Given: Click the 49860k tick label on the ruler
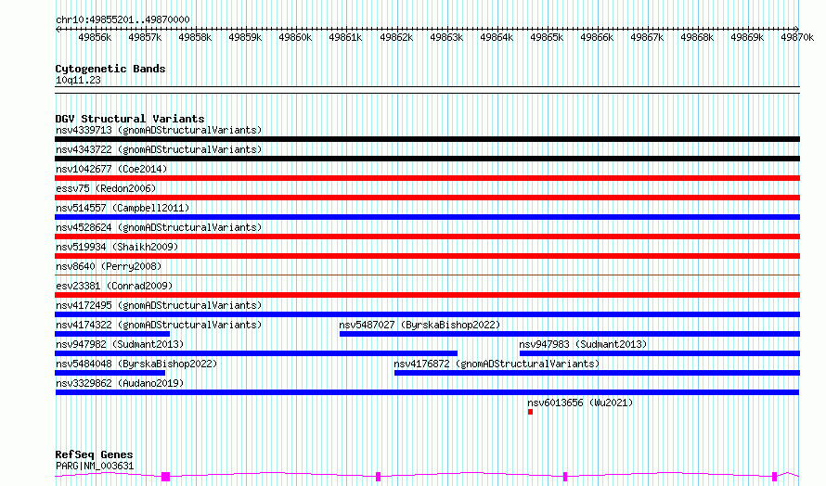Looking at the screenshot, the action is pyautogui.click(x=295, y=37).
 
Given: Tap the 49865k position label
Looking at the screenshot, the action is pyautogui.click(x=547, y=37).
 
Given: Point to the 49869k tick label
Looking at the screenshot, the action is pyautogui.click(x=747, y=37).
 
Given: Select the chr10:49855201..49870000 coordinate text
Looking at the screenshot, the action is pyautogui.click(x=123, y=20).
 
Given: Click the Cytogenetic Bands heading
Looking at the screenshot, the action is pyautogui.click(x=110, y=69).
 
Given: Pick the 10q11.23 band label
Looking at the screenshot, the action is pyautogui.click(x=78, y=80).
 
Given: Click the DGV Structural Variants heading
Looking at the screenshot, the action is pyautogui.click(x=130, y=119).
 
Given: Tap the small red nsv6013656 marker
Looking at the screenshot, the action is pyautogui.click(x=531, y=412).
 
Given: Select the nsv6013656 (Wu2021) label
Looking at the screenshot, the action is pyautogui.click(x=580, y=403).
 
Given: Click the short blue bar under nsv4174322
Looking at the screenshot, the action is pyautogui.click(x=112, y=334).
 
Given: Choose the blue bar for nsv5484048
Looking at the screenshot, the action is pyautogui.click(x=110, y=373).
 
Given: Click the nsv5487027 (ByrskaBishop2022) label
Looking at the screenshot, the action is pyautogui.click(x=419, y=325).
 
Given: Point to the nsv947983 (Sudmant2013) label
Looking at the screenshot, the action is pyautogui.click(x=583, y=344).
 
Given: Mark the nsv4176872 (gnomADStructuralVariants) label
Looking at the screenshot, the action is pyautogui.click(x=497, y=364).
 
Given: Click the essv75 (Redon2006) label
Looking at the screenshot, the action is pyautogui.click(x=106, y=188).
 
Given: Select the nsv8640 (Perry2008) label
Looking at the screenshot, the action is pyautogui.click(x=109, y=266).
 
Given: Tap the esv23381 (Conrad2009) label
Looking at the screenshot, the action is pyautogui.click(x=114, y=286).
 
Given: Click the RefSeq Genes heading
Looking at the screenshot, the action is pyautogui.click(x=94, y=454).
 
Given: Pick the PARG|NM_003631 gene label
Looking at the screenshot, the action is pyautogui.click(x=95, y=466).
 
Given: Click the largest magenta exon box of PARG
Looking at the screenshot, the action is pyautogui.click(x=165, y=477).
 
